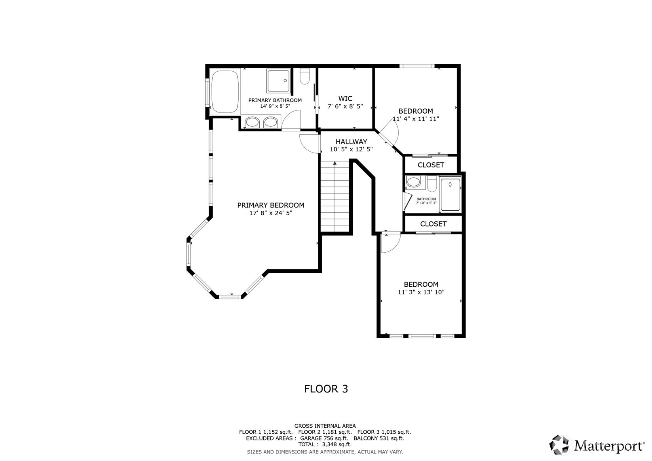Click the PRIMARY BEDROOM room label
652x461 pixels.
271,205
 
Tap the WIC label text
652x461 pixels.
345,99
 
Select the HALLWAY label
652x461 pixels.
351,142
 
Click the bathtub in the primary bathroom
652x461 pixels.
224,92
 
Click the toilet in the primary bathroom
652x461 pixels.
304,77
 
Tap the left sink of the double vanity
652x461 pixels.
252,122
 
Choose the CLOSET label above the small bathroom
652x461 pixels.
431,165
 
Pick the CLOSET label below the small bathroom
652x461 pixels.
433,224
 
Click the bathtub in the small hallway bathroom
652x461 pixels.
451,195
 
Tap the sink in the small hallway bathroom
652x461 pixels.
414,183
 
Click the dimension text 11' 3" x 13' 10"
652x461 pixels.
421,293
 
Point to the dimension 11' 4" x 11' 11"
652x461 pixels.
416,119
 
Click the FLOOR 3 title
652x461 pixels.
326,389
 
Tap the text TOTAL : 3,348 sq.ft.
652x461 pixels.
325,444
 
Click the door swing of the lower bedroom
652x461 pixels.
390,243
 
